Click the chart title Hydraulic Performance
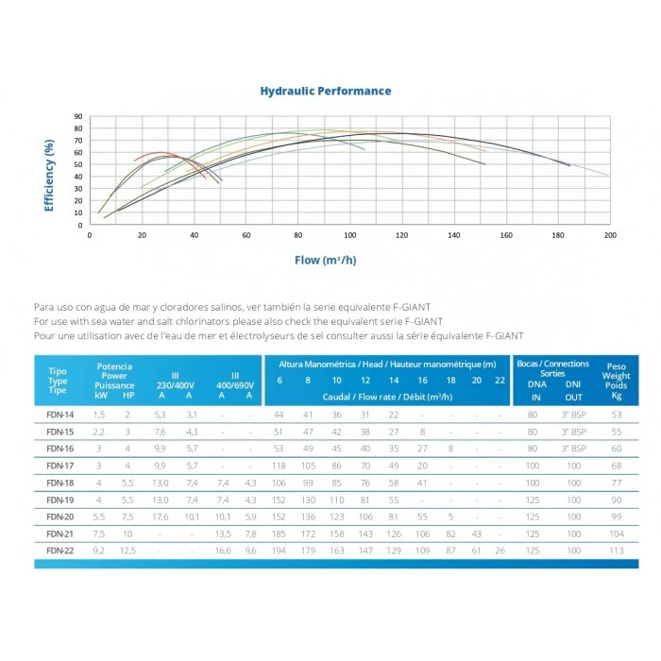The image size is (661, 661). (326, 92)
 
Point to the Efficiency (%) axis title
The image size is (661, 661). (49, 175)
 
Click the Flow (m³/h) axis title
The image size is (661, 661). (326, 260)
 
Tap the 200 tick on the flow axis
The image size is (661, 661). (609, 235)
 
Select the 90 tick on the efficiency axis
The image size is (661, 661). (78, 117)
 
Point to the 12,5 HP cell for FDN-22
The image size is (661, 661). (127, 551)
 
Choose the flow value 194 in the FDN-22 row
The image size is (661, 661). (279, 551)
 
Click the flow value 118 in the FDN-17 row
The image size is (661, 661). (279, 466)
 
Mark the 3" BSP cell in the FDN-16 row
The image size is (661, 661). (573, 449)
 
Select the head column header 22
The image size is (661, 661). (500, 380)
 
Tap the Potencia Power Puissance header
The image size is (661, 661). (114, 376)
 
